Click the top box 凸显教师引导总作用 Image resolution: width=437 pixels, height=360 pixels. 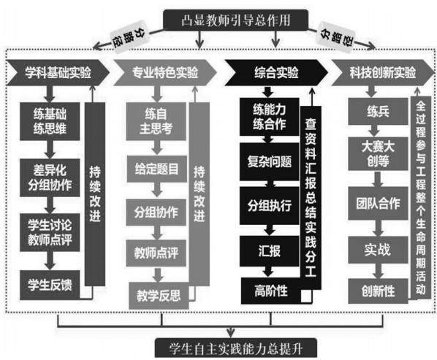click(235, 20)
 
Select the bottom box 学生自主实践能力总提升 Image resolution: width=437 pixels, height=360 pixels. click(236, 348)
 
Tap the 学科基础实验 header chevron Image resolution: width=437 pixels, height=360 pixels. click(58, 72)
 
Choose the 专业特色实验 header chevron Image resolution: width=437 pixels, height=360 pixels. click(165, 72)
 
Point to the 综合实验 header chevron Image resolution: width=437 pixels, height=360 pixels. click(276, 72)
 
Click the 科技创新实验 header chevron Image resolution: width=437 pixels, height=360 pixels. click(383, 72)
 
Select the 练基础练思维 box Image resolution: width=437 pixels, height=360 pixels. click(50, 121)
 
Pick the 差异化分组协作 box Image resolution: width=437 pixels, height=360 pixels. click(50, 177)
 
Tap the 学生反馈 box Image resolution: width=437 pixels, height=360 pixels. click(50, 285)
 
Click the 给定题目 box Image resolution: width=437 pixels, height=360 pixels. click(156, 169)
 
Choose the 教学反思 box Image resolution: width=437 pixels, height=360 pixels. click(159, 296)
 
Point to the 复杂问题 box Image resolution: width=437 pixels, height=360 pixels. click(270, 162)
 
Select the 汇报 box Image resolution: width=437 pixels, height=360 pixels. click(270, 251)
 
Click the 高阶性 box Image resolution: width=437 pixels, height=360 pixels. click(271, 291)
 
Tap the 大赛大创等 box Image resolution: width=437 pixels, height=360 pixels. click(379, 153)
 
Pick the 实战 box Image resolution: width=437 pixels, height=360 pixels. click(379, 250)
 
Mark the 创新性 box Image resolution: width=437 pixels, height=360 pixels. click(379, 291)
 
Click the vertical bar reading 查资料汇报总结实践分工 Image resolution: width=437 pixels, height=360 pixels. click(311, 198)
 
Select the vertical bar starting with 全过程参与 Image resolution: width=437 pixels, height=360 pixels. click(421, 198)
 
